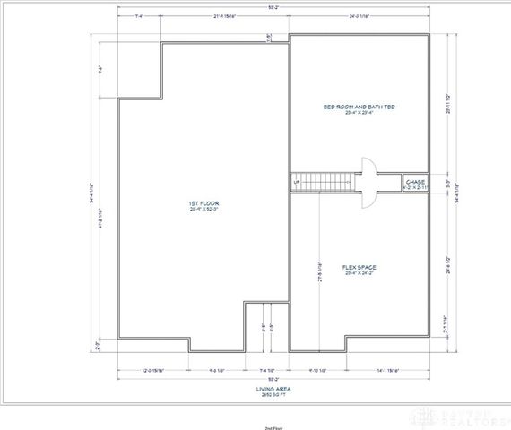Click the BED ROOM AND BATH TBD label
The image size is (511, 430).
pyautogui.click(x=359, y=106)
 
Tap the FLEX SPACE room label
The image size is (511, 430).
pyautogui.click(x=359, y=266)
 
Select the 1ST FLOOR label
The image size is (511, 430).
pyautogui.click(x=204, y=203)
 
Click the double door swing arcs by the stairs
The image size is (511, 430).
pyautogui.click(x=368, y=183)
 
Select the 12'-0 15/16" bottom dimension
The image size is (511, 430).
pyautogui.click(x=157, y=370)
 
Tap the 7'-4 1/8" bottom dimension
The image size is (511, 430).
pyautogui.click(x=267, y=370)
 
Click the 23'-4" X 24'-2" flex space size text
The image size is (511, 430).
pyautogui.click(x=359, y=272)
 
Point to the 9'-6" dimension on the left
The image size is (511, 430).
pyautogui.click(x=102, y=68)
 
